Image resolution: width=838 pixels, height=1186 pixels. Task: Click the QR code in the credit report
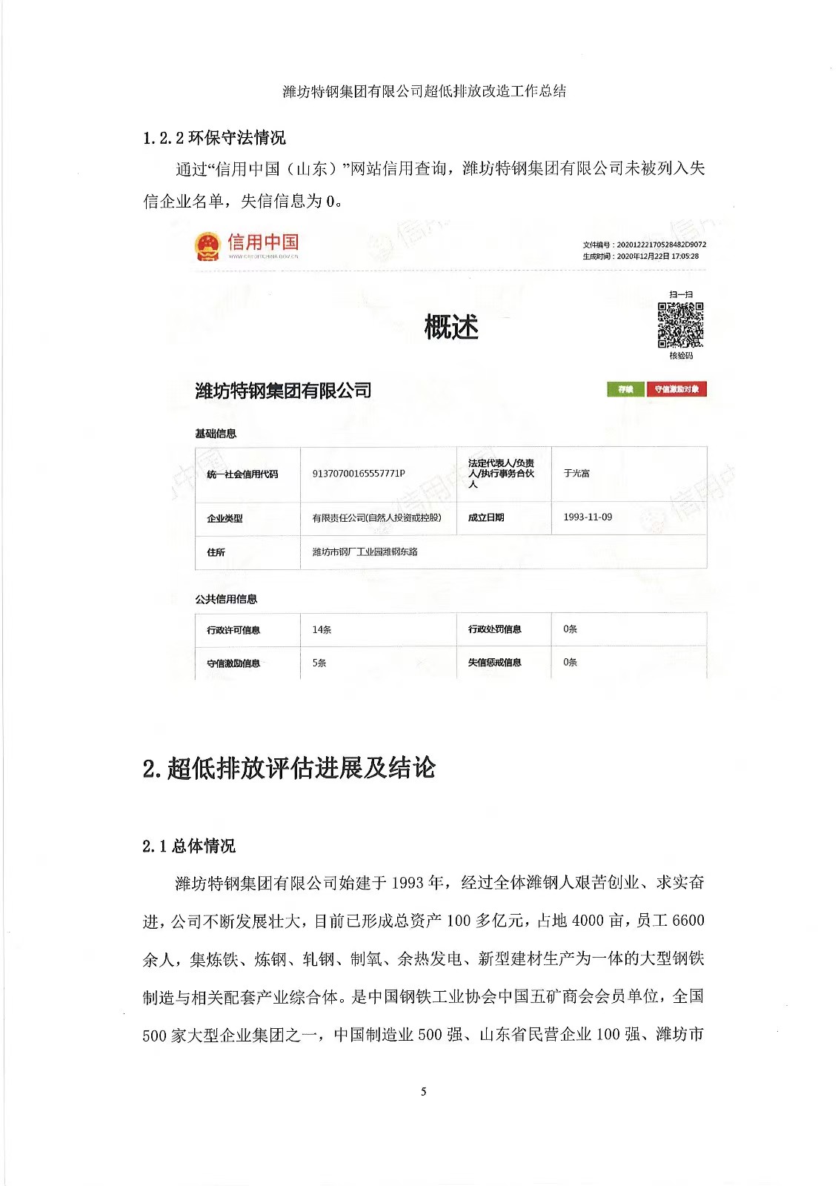[x=680, y=325]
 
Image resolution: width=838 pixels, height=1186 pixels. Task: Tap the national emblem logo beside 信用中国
[x=207, y=246]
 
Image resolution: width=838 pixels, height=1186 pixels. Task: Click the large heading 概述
[x=451, y=327]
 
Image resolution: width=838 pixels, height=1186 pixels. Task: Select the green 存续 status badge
[x=625, y=389]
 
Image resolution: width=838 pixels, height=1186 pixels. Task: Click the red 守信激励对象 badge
[x=676, y=389]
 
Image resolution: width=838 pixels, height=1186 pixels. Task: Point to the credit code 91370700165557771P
[x=358, y=474]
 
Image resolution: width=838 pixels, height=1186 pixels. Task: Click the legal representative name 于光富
[x=576, y=473]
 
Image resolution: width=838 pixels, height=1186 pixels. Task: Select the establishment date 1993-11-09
[x=588, y=517]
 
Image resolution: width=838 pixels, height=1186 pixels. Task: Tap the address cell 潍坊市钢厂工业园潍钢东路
[x=365, y=551]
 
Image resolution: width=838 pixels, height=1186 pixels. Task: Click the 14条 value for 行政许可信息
[x=322, y=629]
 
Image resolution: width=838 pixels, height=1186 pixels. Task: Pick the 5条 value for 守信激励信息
[x=319, y=663]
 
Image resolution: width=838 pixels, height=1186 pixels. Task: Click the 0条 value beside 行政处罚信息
[x=570, y=629]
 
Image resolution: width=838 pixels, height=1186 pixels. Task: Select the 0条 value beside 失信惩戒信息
[x=570, y=662]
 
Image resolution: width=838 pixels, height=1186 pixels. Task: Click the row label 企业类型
[x=225, y=518]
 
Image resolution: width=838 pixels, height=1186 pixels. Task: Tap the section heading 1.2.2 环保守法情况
[x=214, y=138]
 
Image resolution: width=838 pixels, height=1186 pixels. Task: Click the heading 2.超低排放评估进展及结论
[x=288, y=768]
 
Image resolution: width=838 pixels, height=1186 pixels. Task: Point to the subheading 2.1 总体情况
[x=188, y=846]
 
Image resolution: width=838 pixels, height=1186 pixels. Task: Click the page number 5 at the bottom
[x=423, y=1091]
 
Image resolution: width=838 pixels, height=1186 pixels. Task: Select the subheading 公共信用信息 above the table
[x=226, y=599]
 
